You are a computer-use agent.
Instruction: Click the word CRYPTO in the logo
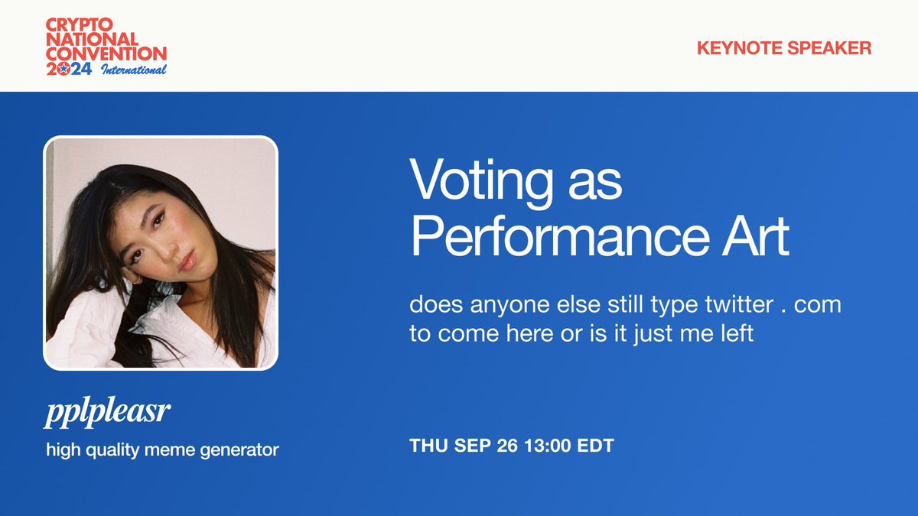(x=79, y=24)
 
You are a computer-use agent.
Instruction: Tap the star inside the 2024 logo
(x=63, y=69)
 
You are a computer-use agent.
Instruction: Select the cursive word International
(x=134, y=70)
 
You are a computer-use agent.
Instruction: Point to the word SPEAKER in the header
(x=829, y=48)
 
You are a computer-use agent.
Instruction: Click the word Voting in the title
(x=480, y=181)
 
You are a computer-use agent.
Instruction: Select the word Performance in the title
(x=560, y=237)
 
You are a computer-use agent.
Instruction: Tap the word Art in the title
(x=755, y=237)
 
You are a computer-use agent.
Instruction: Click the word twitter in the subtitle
(x=739, y=304)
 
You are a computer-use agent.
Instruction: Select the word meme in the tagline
(x=170, y=450)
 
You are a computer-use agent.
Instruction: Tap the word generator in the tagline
(x=239, y=451)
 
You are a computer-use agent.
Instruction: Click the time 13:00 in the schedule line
(x=548, y=446)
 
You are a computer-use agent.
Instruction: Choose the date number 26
(x=507, y=446)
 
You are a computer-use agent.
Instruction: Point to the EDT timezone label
(x=595, y=446)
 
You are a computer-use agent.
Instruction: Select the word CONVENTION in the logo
(x=106, y=54)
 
